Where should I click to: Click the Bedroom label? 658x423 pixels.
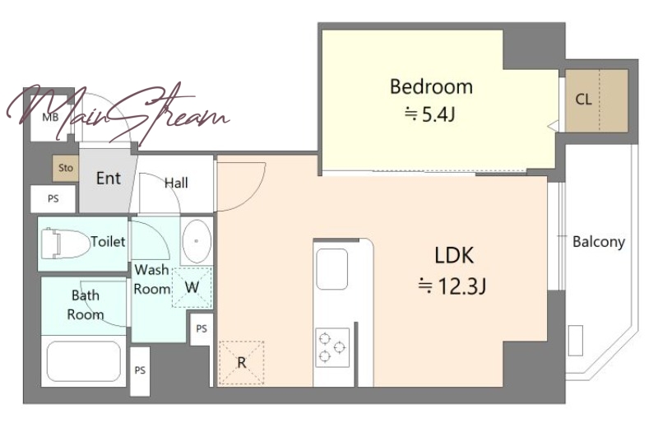click(x=431, y=86)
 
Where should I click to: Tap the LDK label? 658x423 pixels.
click(x=454, y=255)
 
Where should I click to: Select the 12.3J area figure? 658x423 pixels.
click(x=452, y=286)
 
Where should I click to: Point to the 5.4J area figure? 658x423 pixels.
click(x=429, y=114)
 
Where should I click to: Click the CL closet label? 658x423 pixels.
click(x=583, y=100)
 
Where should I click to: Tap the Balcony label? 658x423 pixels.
click(x=599, y=241)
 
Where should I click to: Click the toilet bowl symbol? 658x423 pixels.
click(x=66, y=244)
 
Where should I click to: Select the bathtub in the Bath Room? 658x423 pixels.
click(x=84, y=361)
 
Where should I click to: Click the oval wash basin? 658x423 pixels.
click(x=197, y=241)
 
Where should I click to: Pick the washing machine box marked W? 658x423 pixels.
click(x=192, y=287)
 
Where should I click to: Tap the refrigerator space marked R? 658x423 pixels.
click(x=241, y=362)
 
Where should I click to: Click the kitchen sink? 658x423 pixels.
click(x=332, y=269)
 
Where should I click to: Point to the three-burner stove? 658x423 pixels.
click(x=332, y=347)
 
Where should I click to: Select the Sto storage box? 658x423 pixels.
click(x=66, y=168)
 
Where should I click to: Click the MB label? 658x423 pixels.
click(x=50, y=117)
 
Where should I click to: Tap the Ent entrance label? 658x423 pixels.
click(x=109, y=178)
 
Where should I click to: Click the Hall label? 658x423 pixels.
click(x=176, y=183)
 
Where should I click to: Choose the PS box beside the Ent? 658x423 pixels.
click(x=53, y=198)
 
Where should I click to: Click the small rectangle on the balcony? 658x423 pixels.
click(x=576, y=340)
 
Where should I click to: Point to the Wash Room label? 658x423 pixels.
click(x=151, y=279)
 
